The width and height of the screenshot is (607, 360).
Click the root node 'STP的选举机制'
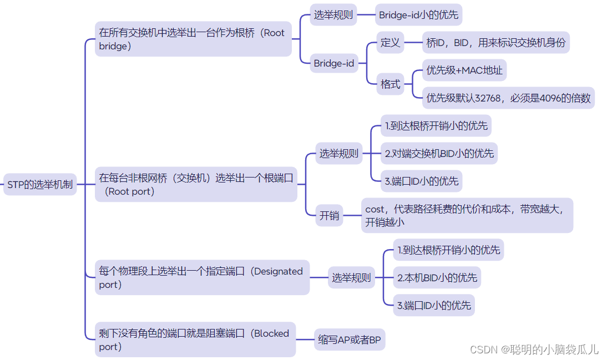(x=40, y=184)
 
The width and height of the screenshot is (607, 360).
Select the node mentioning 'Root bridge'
(x=193, y=39)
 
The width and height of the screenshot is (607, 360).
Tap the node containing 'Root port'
(x=195, y=185)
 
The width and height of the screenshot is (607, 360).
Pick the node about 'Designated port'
(x=201, y=278)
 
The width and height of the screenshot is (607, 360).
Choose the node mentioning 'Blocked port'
(x=194, y=340)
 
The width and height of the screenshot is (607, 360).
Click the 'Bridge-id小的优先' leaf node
(x=418, y=15)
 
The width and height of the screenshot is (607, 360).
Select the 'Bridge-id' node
(x=333, y=63)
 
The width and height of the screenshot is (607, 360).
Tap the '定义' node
(x=390, y=43)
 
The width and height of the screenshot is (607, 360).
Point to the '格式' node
(x=390, y=84)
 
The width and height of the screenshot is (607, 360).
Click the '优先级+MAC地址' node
(x=464, y=70)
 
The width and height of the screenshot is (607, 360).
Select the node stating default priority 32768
(x=508, y=98)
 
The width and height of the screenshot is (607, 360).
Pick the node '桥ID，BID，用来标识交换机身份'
(x=495, y=43)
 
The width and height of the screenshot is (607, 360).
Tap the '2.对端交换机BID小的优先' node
(x=439, y=153)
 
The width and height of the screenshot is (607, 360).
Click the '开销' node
(x=329, y=216)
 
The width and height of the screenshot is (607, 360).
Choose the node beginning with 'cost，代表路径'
(x=466, y=216)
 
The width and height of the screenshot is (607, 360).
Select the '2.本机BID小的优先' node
(x=437, y=277)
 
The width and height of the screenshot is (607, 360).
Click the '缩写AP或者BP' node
(x=350, y=340)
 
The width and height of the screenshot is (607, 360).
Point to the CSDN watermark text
(x=534, y=349)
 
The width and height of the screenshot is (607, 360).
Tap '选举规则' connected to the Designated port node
(x=351, y=278)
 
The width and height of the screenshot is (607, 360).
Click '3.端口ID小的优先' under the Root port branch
(x=421, y=181)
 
